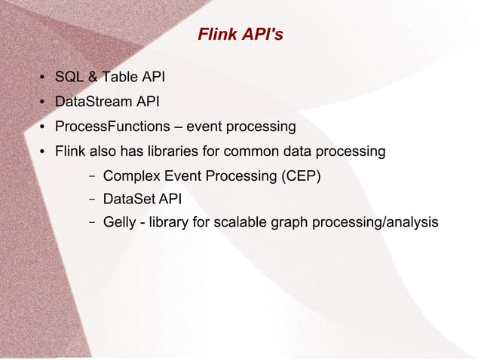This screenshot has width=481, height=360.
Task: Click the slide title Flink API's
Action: pos(240,35)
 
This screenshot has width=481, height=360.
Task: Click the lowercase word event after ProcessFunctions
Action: pos(204,127)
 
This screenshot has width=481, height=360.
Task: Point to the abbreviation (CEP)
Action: pos(302,176)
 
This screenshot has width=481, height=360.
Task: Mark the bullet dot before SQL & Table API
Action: pos(43,78)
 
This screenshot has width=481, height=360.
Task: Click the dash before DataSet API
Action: pos(90,200)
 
